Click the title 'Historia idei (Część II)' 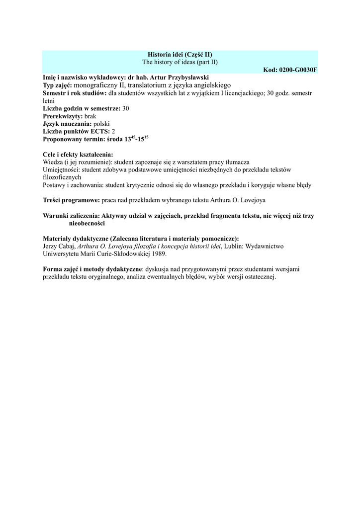pyautogui.click(x=180, y=54)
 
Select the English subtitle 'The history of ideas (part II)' pyautogui.click(x=180, y=62)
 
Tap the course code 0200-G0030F pyautogui.click(x=290, y=70)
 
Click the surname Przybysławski pyautogui.click(x=187, y=78)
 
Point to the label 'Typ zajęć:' pyautogui.click(x=58, y=85)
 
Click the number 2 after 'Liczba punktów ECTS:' pyautogui.click(x=113, y=131)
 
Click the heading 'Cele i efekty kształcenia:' pyautogui.click(x=78, y=155)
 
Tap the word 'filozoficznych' pyautogui.click(x=62, y=177)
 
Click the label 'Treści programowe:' pyautogui.click(x=72, y=200)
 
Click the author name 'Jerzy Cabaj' pyautogui.click(x=59, y=246)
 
